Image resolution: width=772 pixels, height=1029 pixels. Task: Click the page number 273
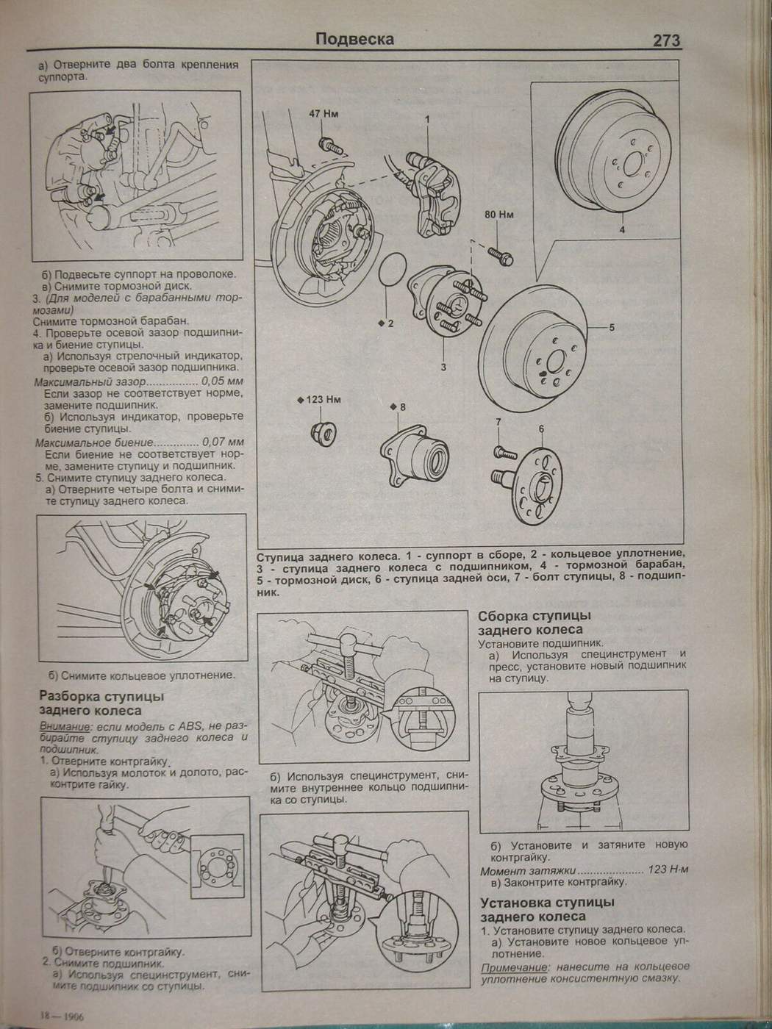point(665,41)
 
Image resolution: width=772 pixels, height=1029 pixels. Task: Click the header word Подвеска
point(354,39)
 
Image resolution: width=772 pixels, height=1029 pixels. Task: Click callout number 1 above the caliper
point(426,118)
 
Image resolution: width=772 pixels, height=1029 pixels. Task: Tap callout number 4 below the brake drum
point(621,230)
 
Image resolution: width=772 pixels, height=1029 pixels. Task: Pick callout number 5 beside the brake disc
point(611,328)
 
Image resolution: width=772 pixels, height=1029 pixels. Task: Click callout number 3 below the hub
point(443,367)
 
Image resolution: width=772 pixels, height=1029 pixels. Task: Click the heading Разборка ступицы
point(101,696)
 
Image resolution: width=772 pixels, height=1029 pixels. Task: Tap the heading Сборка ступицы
point(534,616)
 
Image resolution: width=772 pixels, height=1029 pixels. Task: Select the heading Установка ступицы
point(547,903)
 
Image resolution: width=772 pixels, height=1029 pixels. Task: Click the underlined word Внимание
point(62,726)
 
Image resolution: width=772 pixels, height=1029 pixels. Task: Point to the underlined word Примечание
point(515,968)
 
